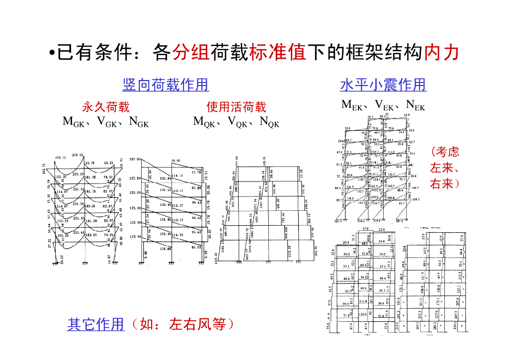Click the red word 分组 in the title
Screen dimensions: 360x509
click(x=190, y=52)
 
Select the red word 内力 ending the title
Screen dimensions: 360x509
click(x=440, y=52)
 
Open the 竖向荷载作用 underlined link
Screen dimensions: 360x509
click(x=165, y=85)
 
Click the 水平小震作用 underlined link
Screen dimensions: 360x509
click(x=383, y=85)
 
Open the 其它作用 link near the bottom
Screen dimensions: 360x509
click(x=95, y=325)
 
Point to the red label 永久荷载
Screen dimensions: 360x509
click(x=105, y=107)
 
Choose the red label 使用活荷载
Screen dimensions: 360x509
click(x=236, y=107)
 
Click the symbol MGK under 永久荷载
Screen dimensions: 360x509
click(x=73, y=121)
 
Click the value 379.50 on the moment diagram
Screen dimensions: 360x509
click(x=78, y=156)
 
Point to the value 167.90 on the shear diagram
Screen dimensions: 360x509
click(x=135, y=160)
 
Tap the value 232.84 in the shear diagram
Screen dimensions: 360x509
click(x=166, y=178)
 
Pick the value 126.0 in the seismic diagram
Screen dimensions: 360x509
click(x=363, y=314)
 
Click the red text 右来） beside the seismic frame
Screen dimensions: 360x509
click(x=445, y=184)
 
